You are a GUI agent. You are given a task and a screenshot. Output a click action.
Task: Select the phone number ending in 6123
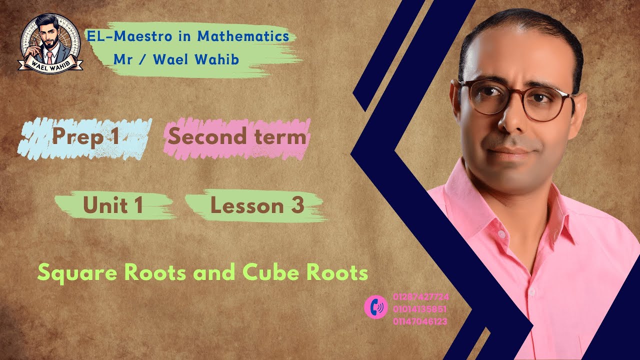coord(420,321)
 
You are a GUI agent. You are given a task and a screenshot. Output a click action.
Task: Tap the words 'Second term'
coord(237,136)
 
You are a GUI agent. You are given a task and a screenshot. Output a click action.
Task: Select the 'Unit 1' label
coord(113,205)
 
